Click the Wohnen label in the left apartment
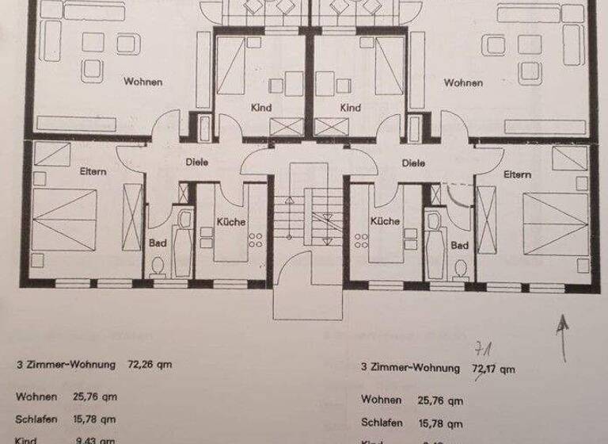(x=142, y=82)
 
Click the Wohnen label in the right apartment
(x=463, y=82)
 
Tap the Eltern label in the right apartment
(x=517, y=174)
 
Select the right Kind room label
(x=350, y=108)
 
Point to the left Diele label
(x=197, y=163)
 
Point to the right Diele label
(x=413, y=163)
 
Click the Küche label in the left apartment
(x=231, y=222)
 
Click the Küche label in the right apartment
(x=385, y=222)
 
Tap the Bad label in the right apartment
(x=460, y=246)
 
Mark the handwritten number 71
(x=481, y=349)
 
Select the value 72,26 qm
(x=150, y=366)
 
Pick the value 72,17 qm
(x=493, y=369)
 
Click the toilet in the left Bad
(x=158, y=267)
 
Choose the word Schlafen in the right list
(x=381, y=422)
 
